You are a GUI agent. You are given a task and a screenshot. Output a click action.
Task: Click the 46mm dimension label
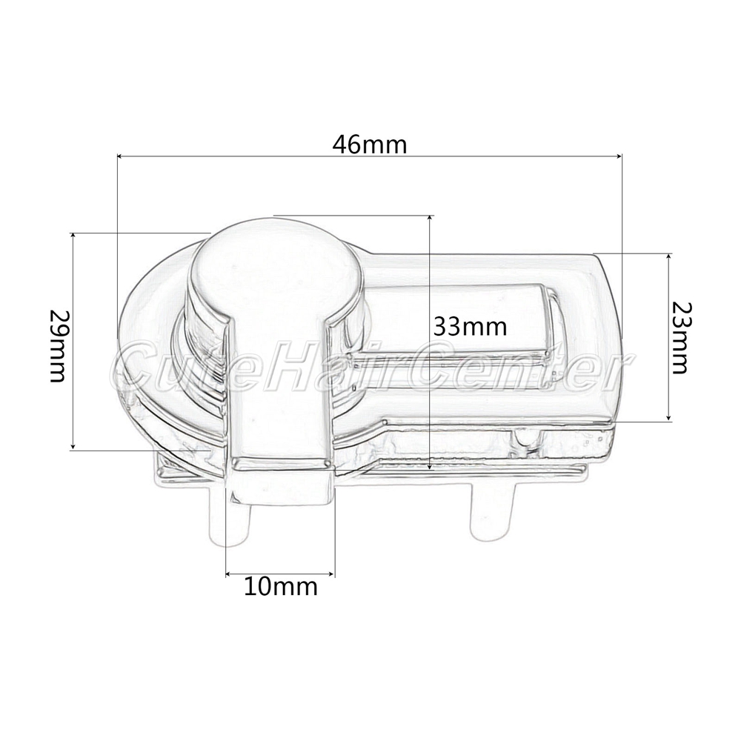point(370,144)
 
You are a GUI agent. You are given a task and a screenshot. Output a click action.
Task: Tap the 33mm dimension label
point(471,326)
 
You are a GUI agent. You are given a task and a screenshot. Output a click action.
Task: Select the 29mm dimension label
point(58,346)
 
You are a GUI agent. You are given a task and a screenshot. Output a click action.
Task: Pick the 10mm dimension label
point(281,586)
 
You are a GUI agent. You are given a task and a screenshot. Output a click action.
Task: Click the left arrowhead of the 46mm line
point(120,156)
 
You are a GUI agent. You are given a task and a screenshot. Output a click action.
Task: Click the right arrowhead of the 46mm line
point(618,156)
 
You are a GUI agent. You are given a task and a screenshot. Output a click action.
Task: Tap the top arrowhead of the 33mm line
point(430,219)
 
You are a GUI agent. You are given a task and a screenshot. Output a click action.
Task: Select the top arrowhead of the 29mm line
point(73,237)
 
